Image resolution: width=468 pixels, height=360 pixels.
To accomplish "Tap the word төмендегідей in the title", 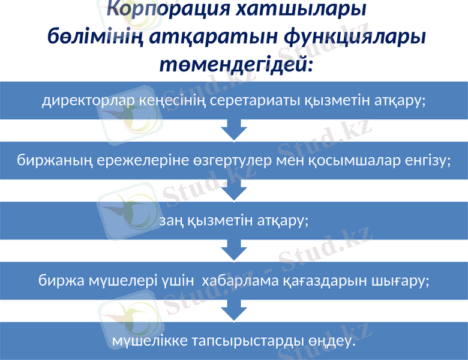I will (x=236, y=62).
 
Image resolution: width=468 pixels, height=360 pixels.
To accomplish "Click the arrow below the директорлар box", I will (x=234, y=130).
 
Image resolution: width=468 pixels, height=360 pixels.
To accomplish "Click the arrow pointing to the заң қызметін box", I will (x=234, y=190).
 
